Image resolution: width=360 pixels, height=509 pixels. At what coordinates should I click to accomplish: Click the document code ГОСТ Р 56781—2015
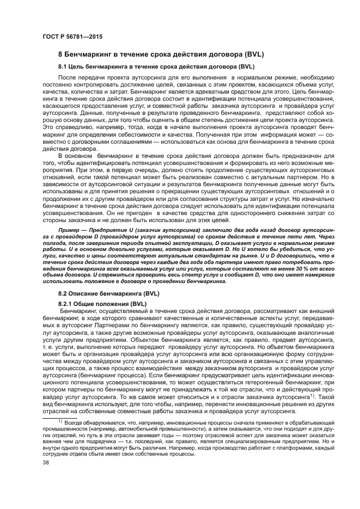(72, 36)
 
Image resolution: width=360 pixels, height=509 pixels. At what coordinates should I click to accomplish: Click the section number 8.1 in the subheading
(64, 66)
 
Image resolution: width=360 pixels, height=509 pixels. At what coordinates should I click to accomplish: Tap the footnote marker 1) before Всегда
(61, 421)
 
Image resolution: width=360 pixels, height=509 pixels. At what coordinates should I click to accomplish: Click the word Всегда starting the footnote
(74, 422)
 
